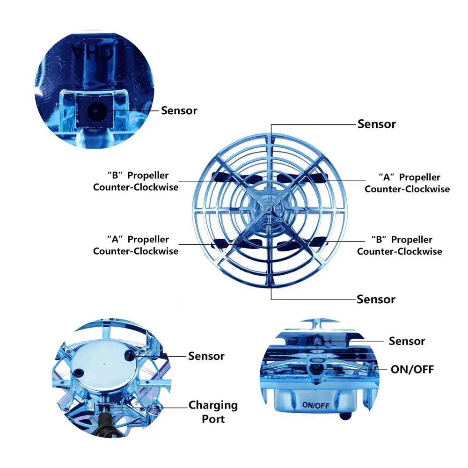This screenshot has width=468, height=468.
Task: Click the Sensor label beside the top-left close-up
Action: [179, 110]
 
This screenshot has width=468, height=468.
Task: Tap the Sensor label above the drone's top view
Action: [377, 124]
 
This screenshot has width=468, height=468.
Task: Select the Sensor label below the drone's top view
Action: [376, 299]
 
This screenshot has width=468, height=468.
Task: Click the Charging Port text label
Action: [213, 412]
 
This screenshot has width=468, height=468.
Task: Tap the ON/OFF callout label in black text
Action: [412, 370]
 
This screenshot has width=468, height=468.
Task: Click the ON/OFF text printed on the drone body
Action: [316, 405]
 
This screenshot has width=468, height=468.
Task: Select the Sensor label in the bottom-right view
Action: [407, 341]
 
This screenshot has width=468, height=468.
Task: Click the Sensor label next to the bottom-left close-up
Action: [206, 356]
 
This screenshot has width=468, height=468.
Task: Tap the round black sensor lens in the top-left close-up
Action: [95, 111]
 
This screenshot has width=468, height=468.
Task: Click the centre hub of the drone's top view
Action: [269, 208]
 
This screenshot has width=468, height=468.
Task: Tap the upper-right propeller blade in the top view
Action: [301, 178]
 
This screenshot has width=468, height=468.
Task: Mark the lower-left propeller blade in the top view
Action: [236, 243]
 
